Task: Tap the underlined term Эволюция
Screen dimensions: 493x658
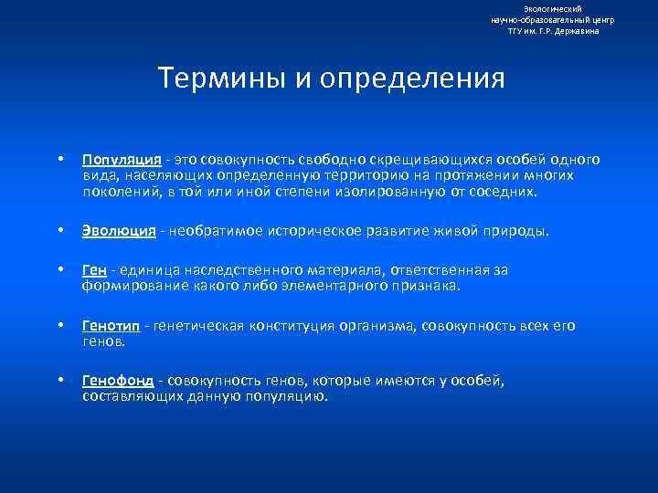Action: pos(119,231)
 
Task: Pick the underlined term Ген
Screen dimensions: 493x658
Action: pos(94,270)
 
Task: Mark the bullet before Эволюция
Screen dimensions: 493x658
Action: pos(59,231)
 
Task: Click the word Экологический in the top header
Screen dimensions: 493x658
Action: pos(553,8)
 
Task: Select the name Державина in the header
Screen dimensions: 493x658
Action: pos(579,30)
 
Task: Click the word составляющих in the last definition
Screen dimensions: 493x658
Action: pos(129,396)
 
